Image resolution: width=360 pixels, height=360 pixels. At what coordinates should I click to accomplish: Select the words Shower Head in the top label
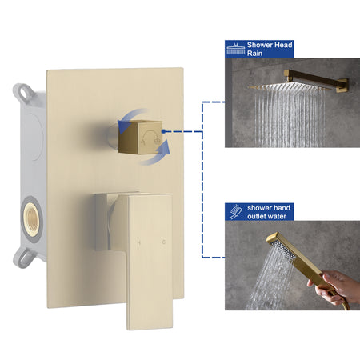[270, 45]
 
